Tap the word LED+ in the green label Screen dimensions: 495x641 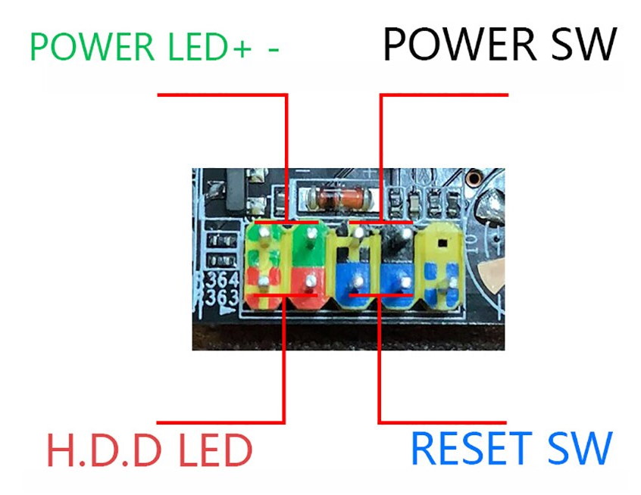click(x=208, y=47)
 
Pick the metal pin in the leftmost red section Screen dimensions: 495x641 click(x=262, y=283)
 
